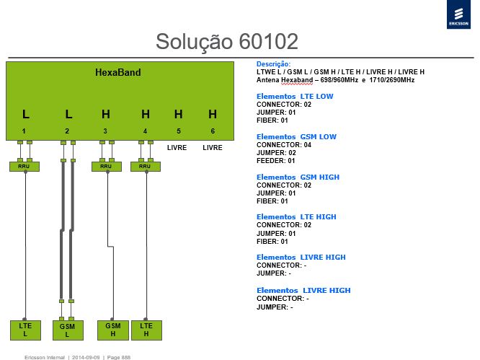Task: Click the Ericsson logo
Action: [458, 14]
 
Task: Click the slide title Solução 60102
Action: [227, 42]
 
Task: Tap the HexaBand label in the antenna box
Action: [118, 72]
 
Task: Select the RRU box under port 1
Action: [25, 167]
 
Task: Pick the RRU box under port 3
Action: [107, 167]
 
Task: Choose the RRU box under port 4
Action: [146, 167]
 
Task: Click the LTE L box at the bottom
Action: [25, 330]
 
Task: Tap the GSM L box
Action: [68, 330]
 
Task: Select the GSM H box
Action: [113, 330]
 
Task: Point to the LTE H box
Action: [146, 330]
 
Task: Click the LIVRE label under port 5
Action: [177, 148]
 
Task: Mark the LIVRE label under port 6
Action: [213, 148]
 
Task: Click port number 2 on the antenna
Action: [67, 131]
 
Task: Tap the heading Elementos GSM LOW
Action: [296, 136]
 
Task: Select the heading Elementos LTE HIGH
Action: [296, 217]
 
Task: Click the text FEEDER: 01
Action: [275, 161]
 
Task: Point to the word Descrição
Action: [273, 64]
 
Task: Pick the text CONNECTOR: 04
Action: [284, 145]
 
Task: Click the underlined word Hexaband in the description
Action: [297, 80]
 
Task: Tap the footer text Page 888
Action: [119, 357]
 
